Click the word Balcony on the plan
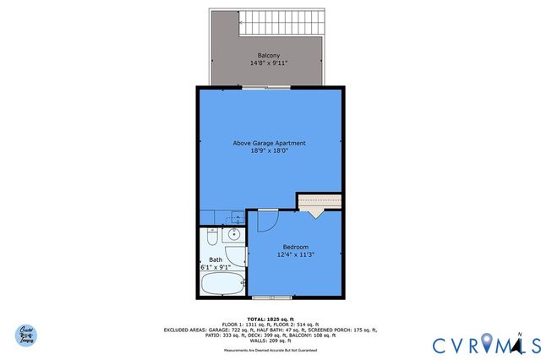pyautogui.click(x=270, y=55)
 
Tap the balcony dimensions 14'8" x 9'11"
pyautogui.click(x=270, y=63)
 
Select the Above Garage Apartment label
pyautogui.click(x=270, y=143)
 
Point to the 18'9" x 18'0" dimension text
pyautogui.click(x=270, y=151)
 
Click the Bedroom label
pyautogui.click(x=295, y=246)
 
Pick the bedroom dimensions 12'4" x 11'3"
pyautogui.click(x=295, y=254)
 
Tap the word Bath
pyautogui.click(x=216, y=259)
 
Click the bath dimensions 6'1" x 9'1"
pyautogui.click(x=216, y=267)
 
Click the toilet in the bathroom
pyautogui.click(x=212, y=237)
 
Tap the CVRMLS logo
pyautogui.click(x=478, y=345)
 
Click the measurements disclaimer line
pyautogui.click(x=270, y=349)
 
